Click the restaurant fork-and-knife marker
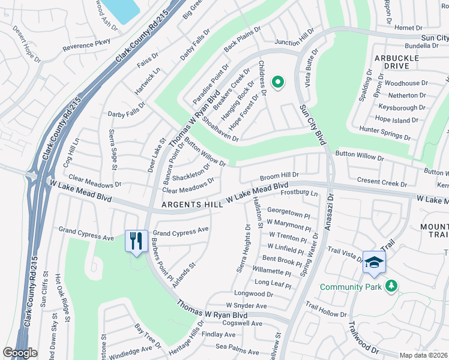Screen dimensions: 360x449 pos(136,241)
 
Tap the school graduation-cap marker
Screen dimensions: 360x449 pos(373,262)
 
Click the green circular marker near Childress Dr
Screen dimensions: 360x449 pos(277,83)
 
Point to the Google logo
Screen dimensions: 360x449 pos(20,353)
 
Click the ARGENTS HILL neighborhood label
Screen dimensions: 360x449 pos(191,205)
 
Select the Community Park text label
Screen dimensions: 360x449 pos(351,287)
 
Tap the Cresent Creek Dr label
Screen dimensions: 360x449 pos(382,181)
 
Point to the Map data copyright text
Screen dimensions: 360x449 pos(424,355)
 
